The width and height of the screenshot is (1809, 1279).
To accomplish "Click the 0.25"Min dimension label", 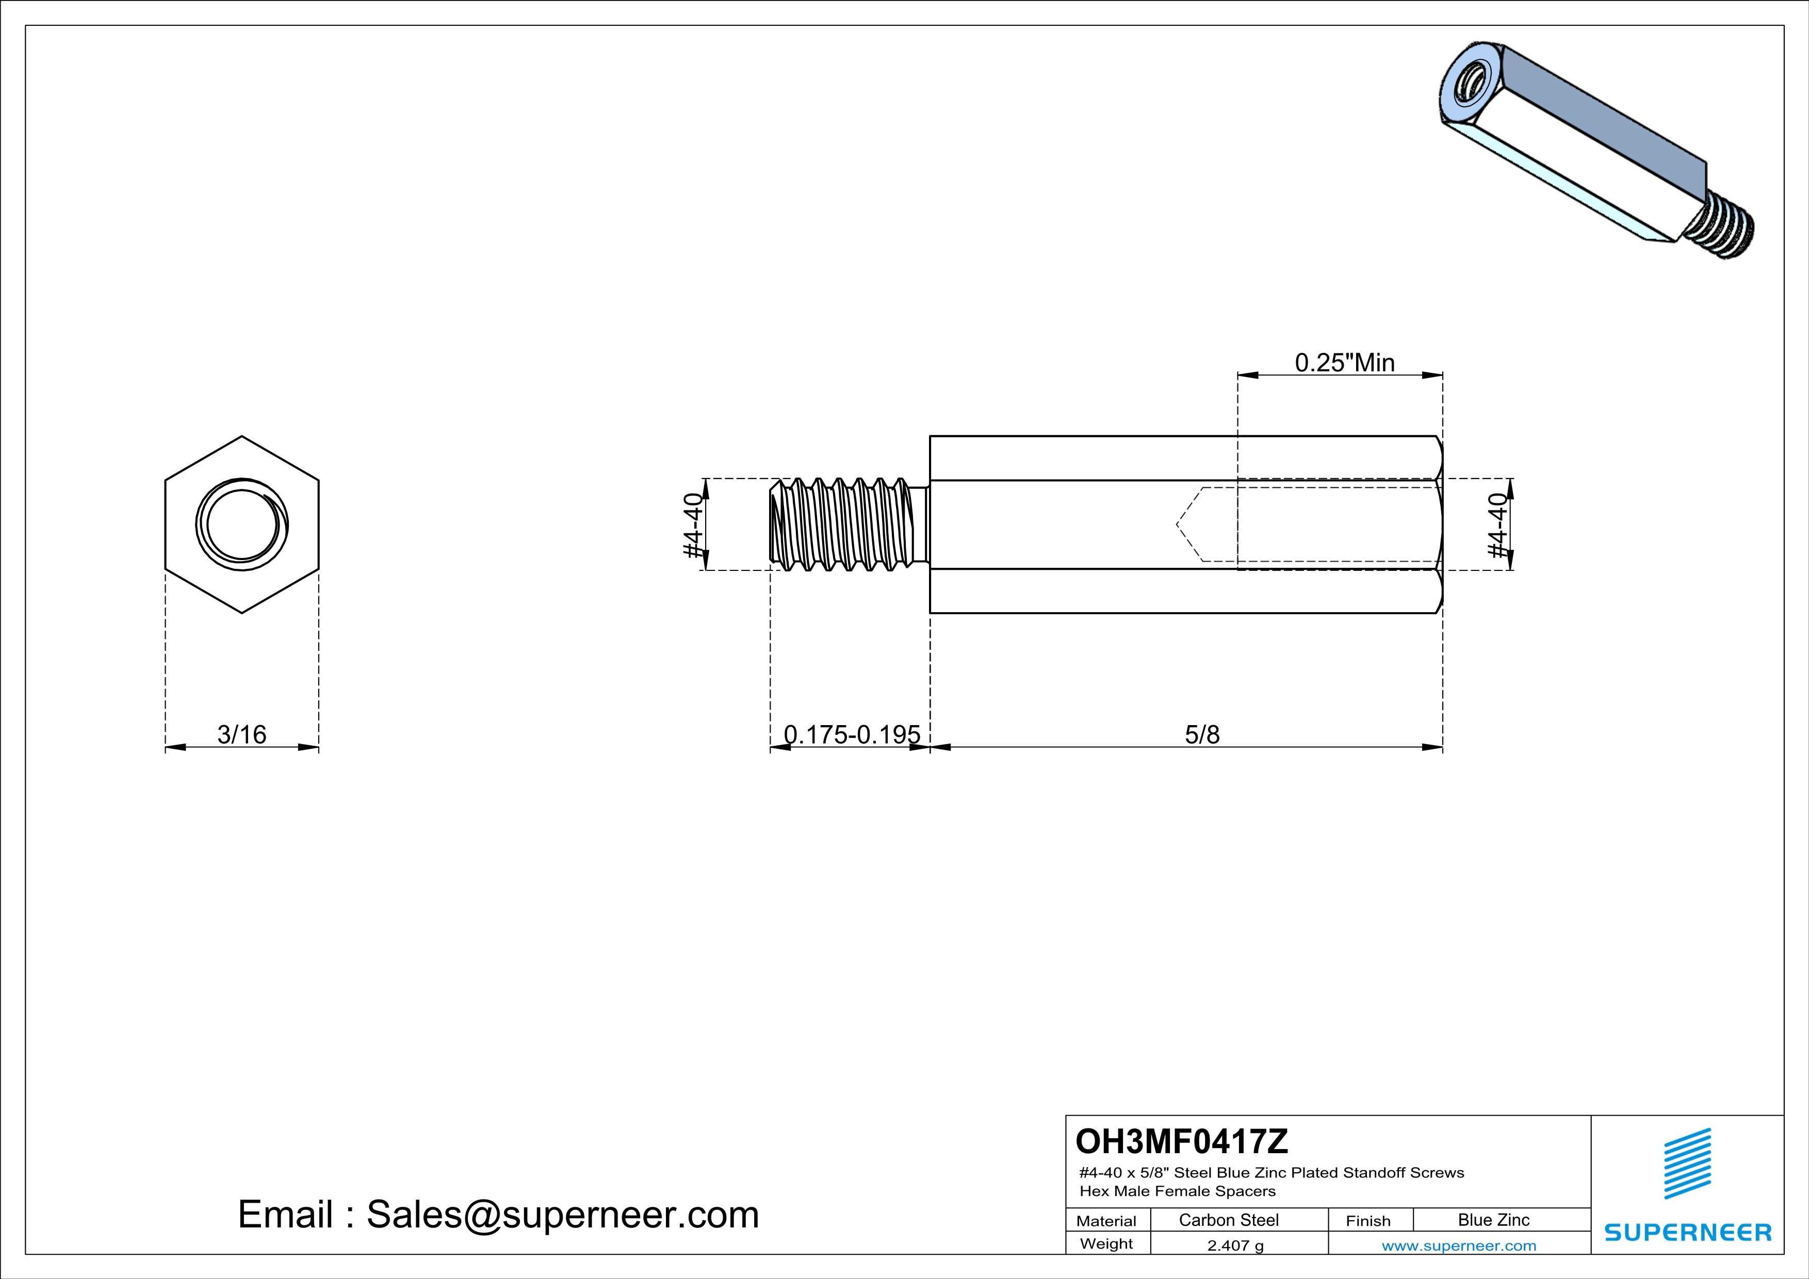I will click(1344, 363).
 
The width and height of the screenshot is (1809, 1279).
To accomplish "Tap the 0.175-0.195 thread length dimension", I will click(852, 735).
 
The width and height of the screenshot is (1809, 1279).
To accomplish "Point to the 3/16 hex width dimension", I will click(242, 735).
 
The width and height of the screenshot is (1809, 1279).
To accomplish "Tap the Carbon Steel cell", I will click(1228, 1220).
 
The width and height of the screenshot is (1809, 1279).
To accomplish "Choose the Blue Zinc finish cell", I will click(1493, 1220).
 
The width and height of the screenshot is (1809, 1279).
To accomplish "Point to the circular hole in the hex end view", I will click(242, 524).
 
